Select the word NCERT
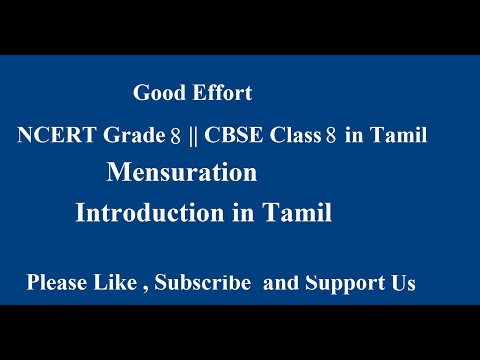(52, 137)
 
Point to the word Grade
(128, 137)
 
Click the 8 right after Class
(330, 137)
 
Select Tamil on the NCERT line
(399, 137)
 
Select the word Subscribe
(201, 284)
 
